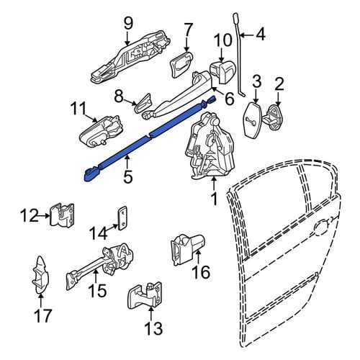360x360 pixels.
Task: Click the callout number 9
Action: click(128, 24)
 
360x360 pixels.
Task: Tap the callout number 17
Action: click(43, 315)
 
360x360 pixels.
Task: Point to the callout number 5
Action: click(127, 176)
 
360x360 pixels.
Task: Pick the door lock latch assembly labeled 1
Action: click(211, 145)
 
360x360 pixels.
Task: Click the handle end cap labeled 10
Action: click(223, 72)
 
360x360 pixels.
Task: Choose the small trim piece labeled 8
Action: click(143, 103)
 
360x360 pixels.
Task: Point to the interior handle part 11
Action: click(99, 132)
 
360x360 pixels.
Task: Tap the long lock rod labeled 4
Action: click(239, 55)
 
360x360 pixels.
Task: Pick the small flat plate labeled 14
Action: click(122, 218)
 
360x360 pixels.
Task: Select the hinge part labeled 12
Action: click(62, 215)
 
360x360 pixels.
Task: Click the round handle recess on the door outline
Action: click(322, 228)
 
